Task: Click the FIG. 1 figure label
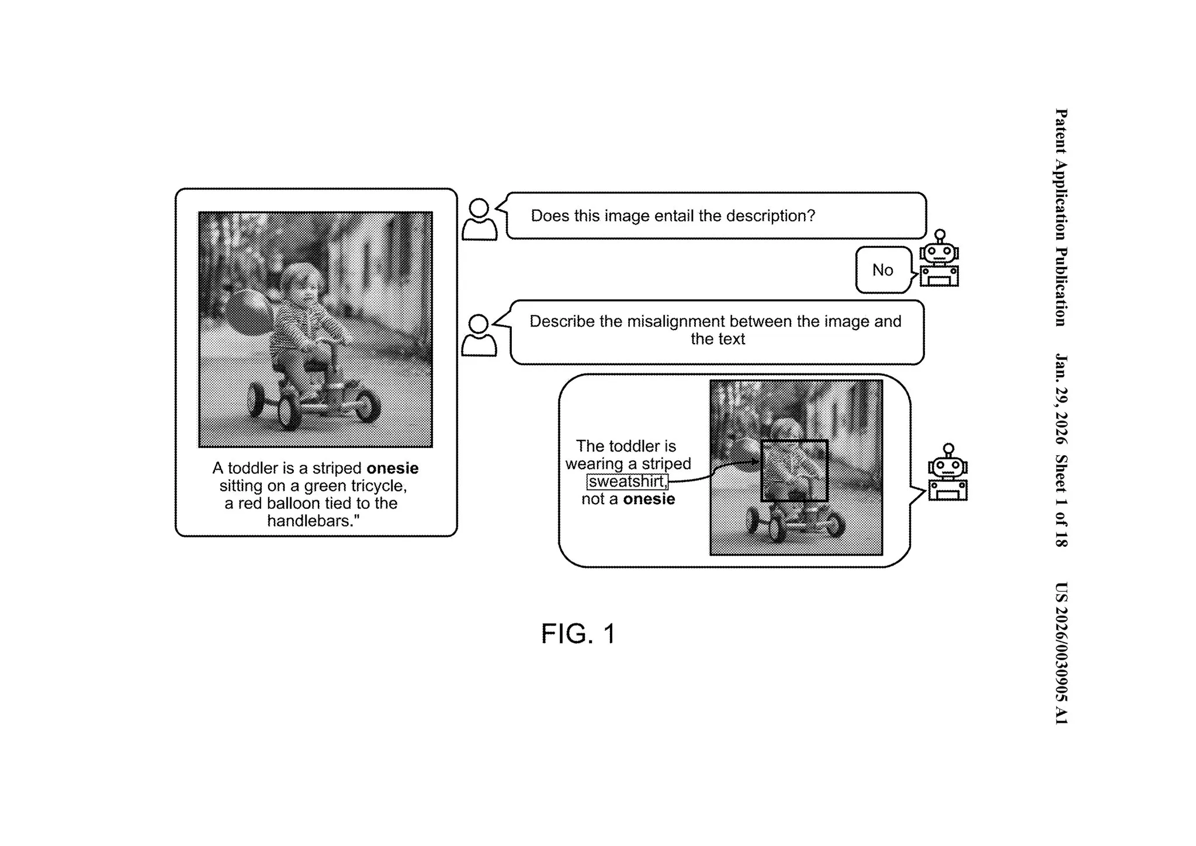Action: [578, 634]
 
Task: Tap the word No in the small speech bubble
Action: [882, 270]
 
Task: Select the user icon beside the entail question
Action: [479, 220]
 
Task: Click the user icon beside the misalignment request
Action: [479, 335]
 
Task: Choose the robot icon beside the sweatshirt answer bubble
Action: [948, 473]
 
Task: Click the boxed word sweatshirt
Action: [627, 481]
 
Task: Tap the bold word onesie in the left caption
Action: [392, 469]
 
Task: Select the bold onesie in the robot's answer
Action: [649, 499]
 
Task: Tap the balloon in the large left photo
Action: [248, 313]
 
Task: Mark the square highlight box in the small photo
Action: [794, 470]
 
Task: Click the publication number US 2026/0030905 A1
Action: [1061, 653]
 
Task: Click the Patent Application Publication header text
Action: [1061, 217]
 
